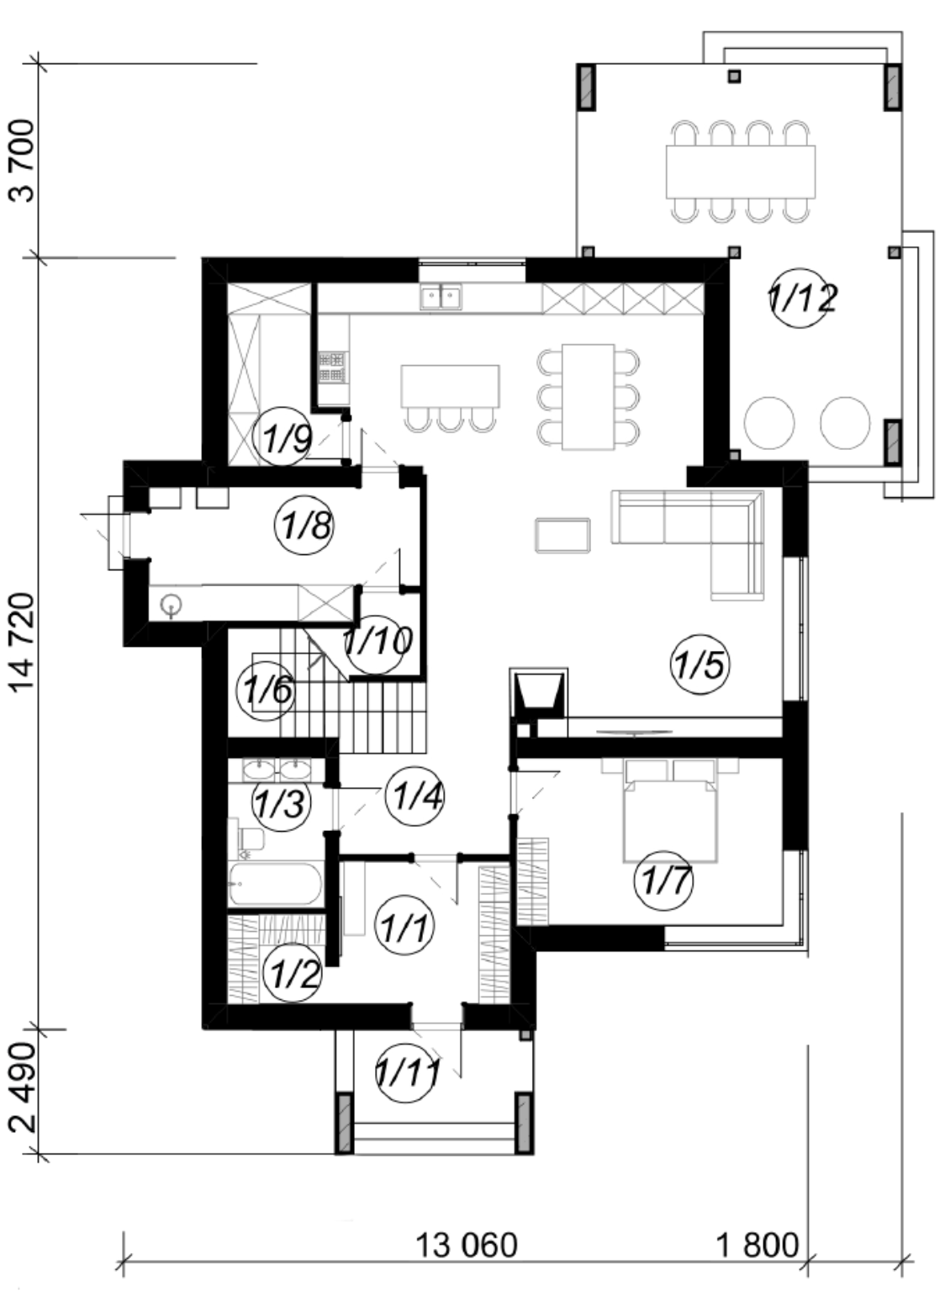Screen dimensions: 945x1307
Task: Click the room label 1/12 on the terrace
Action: (x=803, y=298)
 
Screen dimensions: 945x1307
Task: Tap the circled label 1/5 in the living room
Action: (x=700, y=664)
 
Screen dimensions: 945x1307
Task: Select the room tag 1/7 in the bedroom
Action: (x=663, y=881)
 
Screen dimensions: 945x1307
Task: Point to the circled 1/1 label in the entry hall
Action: (x=404, y=927)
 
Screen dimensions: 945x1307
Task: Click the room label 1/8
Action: (x=304, y=525)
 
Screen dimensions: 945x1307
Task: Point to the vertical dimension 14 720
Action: (x=24, y=643)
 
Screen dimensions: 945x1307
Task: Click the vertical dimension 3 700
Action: (x=24, y=161)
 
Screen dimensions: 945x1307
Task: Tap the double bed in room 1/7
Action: (x=670, y=809)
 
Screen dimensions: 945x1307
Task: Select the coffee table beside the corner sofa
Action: (x=562, y=534)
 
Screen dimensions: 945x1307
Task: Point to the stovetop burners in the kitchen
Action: (x=330, y=367)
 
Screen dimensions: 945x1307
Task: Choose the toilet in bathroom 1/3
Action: (x=249, y=839)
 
